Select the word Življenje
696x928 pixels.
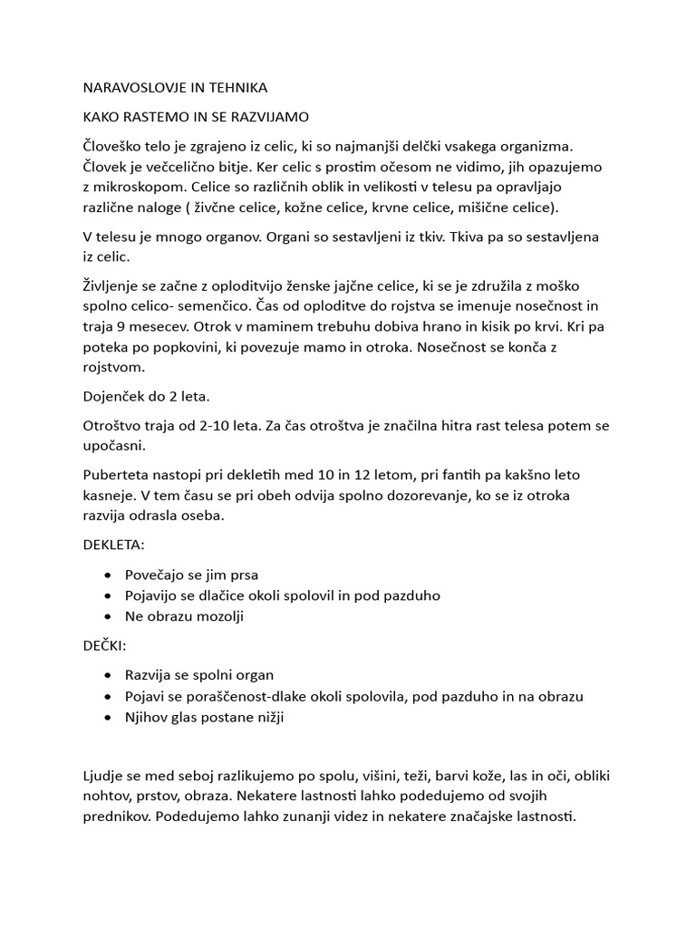[114, 286]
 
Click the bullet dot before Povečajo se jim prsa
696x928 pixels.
[110, 575]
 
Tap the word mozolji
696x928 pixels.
[214, 615]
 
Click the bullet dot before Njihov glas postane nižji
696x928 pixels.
[110, 716]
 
